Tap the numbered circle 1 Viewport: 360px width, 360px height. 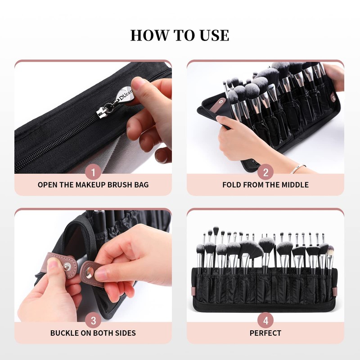click(x=93, y=172)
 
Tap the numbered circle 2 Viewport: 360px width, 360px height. click(x=265, y=172)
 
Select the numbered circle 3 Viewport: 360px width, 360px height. click(x=93, y=320)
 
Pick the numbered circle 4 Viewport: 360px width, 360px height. click(x=265, y=320)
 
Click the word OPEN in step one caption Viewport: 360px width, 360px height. click(x=47, y=184)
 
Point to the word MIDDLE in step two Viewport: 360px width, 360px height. click(x=295, y=184)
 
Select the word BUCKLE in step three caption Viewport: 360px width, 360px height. click(x=64, y=333)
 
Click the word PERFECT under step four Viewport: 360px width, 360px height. click(x=265, y=333)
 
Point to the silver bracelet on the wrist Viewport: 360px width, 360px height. click(x=297, y=169)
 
